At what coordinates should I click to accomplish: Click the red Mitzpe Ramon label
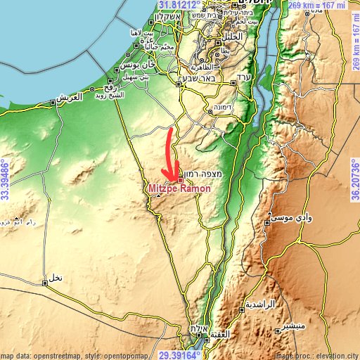click(x=175, y=189)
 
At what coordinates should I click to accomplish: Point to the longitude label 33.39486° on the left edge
click(x=5, y=179)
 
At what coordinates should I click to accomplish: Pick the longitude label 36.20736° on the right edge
click(x=355, y=179)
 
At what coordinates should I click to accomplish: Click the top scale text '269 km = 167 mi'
click(x=323, y=5)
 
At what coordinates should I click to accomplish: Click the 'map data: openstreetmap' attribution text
click(x=42, y=355)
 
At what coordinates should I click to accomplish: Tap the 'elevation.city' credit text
click(x=337, y=355)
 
